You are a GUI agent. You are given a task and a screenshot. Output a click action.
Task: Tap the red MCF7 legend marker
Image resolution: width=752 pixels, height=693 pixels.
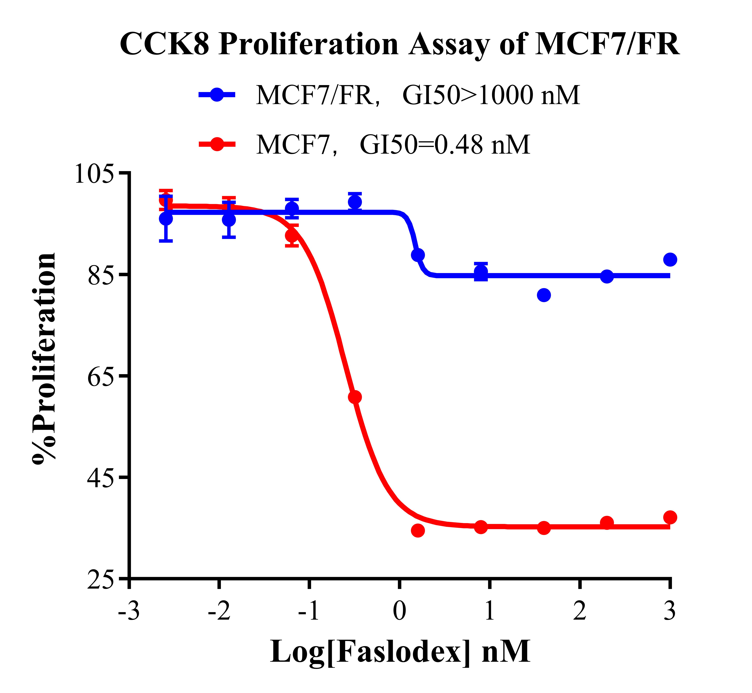coord(217,144)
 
